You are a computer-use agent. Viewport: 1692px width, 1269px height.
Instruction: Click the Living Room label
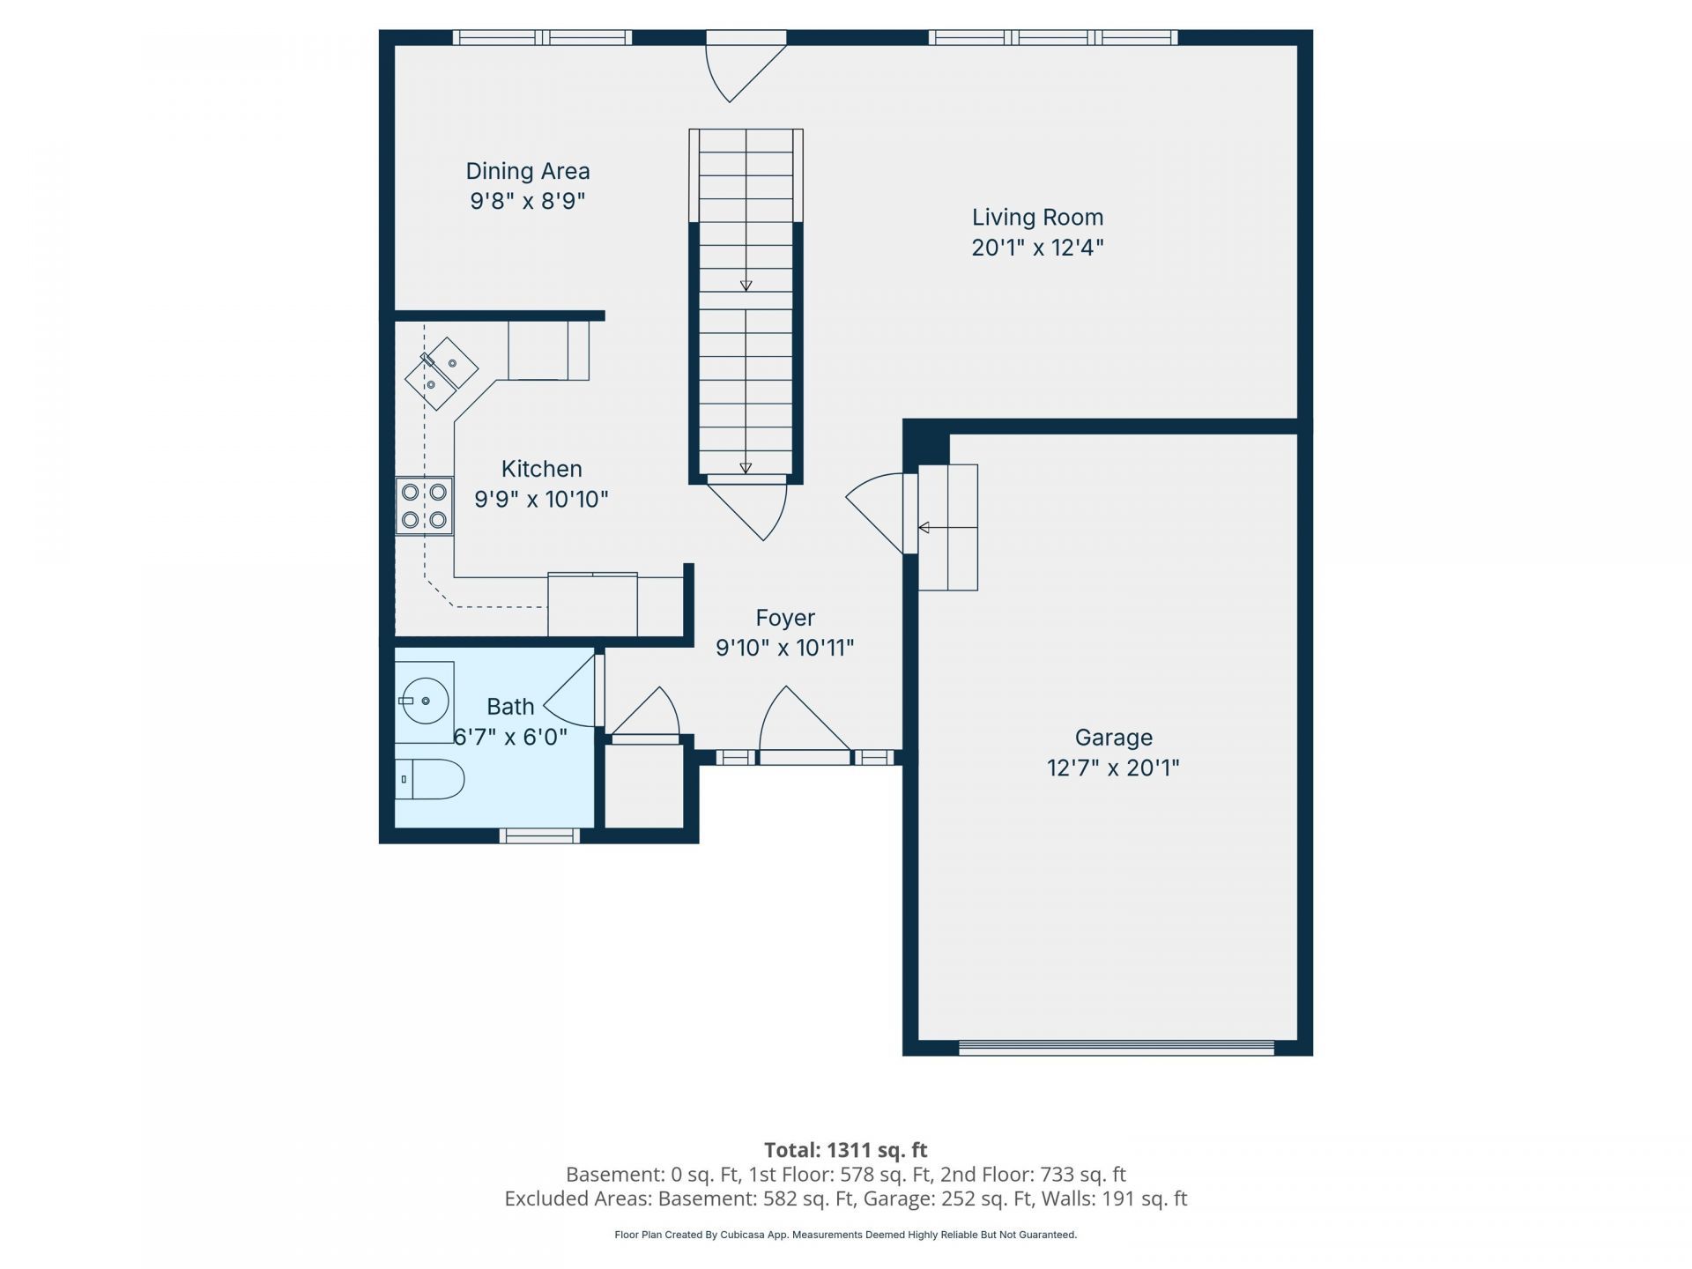point(1037,217)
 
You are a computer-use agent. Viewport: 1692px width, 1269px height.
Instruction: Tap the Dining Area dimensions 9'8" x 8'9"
point(528,201)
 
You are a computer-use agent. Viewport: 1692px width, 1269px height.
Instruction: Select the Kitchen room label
point(541,469)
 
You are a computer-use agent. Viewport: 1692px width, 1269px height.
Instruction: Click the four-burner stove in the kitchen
point(424,506)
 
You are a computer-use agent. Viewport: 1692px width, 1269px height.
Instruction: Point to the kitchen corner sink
point(442,374)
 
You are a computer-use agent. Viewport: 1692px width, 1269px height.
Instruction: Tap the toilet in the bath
point(429,779)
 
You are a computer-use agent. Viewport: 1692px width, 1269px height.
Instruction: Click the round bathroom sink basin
point(425,701)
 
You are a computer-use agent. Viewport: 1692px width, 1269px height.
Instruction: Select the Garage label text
point(1113,738)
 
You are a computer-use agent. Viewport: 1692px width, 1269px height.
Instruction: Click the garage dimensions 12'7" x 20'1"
point(1113,768)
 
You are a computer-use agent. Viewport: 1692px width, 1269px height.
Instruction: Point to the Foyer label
point(785,618)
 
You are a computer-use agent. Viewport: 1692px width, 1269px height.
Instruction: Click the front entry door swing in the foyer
point(804,723)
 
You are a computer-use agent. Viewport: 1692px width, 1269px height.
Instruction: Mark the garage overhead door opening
point(1117,1048)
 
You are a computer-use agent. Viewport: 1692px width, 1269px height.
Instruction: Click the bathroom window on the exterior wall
point(539,835)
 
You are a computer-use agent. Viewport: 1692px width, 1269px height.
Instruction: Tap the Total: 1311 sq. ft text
point(845,1150)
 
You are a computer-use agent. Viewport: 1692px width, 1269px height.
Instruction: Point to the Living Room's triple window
point(1053,37)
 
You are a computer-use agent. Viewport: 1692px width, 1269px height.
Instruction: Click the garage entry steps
point(948,527)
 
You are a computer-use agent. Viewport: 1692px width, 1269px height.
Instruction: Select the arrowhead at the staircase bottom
point(746,469)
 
